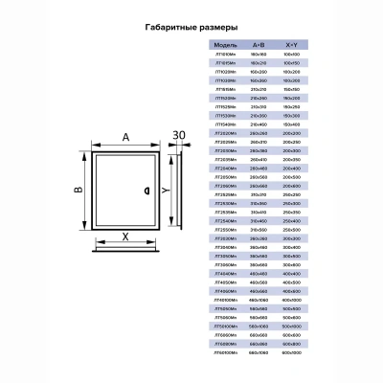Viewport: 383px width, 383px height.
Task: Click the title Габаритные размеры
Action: (191, 30)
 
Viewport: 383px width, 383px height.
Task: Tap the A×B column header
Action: (259, 44)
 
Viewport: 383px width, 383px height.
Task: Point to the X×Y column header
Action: (290, 44)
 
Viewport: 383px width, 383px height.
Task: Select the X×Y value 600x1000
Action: (290, 352)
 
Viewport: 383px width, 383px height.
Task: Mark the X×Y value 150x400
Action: (290, 124)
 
